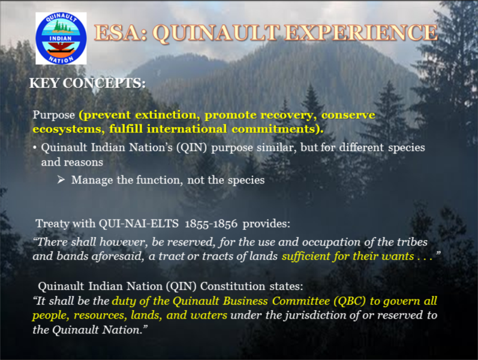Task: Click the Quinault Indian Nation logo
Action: pos(61,38)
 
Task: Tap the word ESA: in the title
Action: pos(121,32)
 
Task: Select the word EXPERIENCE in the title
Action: pos(362,32)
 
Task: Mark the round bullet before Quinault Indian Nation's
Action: pos(35,148)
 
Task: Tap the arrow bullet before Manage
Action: pos(61,179)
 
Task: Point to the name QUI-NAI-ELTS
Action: pos(139,224)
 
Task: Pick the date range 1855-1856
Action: pos(211,224)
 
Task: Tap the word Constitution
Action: pos(233,286)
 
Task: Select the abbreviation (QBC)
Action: pos(350,301)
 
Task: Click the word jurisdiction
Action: pos(315,315)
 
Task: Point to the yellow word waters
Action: pos(209,315)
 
